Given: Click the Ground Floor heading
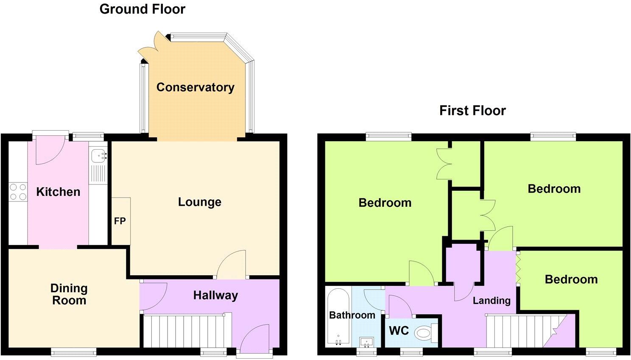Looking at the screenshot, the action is pos(142,9).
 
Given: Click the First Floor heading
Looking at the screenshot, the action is pos(472,111).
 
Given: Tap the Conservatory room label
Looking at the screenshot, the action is pos(195,87).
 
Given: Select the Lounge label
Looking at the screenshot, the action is pos(199,202).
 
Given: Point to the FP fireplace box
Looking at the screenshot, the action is pos(120,221).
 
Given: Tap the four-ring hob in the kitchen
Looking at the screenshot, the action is pos(18,192).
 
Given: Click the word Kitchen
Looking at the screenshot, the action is pos(58,192).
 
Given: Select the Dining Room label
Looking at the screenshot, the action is pos(69,294).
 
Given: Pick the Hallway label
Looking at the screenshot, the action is pos(215,295).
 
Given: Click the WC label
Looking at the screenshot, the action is pos(399,331).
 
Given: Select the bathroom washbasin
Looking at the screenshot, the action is pos(366,341).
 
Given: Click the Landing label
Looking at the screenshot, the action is pos(491,301).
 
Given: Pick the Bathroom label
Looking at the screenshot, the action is pos(352,315).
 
